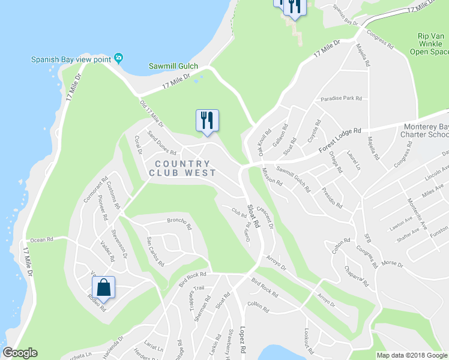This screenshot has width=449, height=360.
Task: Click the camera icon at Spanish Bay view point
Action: click(119, 58)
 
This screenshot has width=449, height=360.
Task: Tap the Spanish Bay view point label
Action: click(73, 59)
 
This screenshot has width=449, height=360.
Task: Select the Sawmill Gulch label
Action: click(174, 65)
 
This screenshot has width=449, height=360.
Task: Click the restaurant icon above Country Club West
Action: click(207, 120)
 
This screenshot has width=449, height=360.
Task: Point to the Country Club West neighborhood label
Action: click(182, 168)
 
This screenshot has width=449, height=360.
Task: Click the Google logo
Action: click(20, 353)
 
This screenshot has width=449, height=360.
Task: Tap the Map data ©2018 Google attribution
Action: click(412, 355)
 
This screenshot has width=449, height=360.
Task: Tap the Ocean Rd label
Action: click(42, 239)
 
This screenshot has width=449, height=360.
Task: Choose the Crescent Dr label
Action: click(265, 218)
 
